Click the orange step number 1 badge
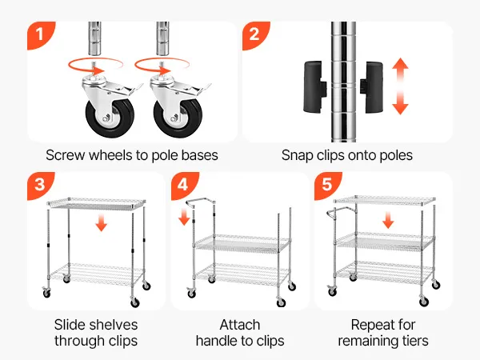pyautogui.click(x=40, y=34)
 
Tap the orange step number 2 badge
pyautogui.click(x=254, y=34)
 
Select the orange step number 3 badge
pyautogui.click(x=40, y=185)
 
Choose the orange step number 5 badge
pyautogui.click(x=327, y=185)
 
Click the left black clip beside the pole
pyautogui.click(x=314, y=87)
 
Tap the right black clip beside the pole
pyautogui.click(x=372, y=87)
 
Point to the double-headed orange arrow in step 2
pyautogui.click(x=401, y=86)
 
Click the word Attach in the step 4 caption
pyautogui.click(x=240, y=325)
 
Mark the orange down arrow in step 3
pyautogui.click(x=102, y=223)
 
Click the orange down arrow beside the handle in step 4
pyautogui.click(x=184, y=217)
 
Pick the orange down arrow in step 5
pyautogui.click(x=388, y=221)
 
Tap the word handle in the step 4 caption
pyautogui.click(x=217, y=341)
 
